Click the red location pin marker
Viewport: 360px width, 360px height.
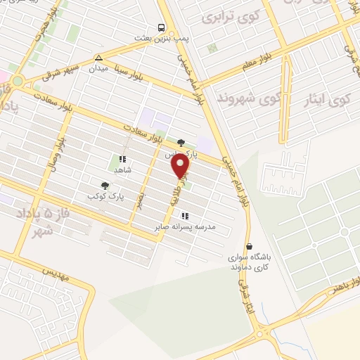click(181, 167)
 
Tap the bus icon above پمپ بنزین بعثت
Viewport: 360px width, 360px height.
click(162, 28)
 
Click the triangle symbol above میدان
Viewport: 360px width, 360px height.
click(99, 58)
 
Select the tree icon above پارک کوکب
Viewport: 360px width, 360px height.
click(105, 186)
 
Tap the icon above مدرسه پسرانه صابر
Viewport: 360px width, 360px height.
click(184, 216)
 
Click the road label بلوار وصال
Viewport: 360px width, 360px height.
click(52, 145)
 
